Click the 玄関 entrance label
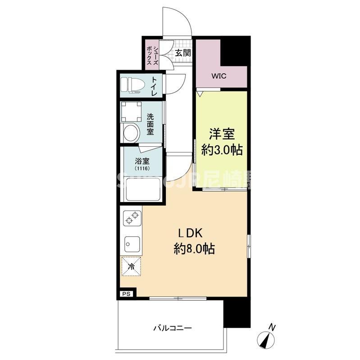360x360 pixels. (183, 53)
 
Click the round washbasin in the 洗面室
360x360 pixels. (131, 133)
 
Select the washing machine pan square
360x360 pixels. (132, 111)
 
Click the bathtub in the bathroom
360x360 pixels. (142, 189)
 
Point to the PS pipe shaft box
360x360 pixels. (126, 293)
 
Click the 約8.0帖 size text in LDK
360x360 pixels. (194, 248)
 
